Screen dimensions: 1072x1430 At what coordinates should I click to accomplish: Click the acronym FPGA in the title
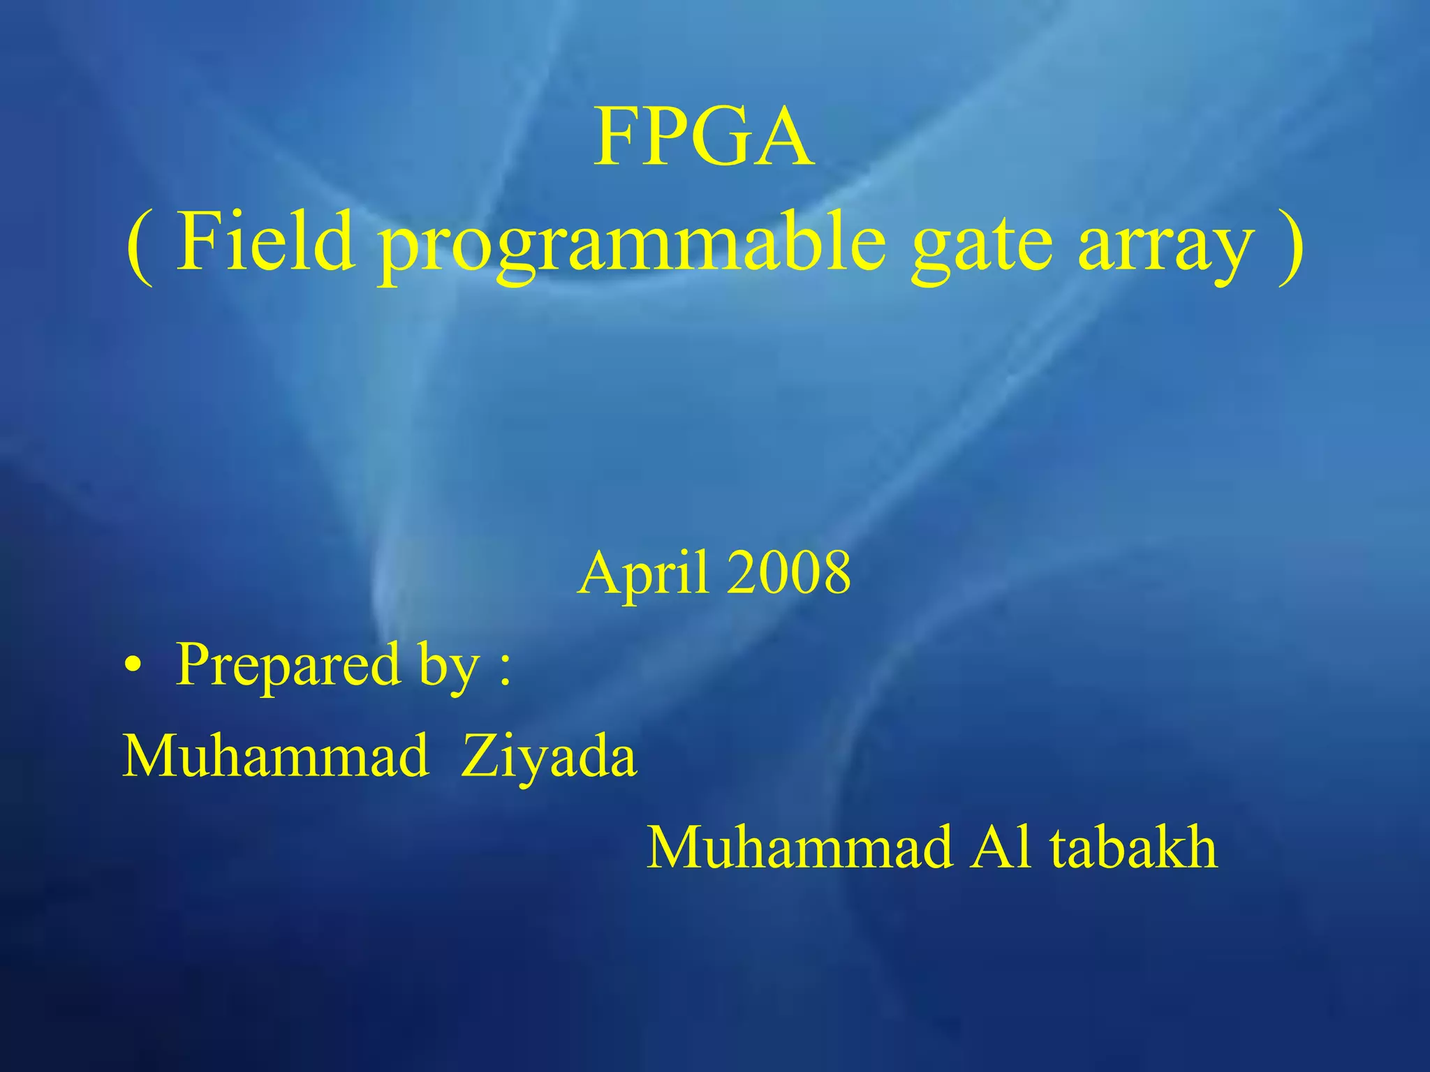click(704, 137)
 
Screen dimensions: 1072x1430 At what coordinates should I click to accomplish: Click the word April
click(647, 574)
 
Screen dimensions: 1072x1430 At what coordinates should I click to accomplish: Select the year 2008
click(788, 573)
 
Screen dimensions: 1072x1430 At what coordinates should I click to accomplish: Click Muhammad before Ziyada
click(275, 755)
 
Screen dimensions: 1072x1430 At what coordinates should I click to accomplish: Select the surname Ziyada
click(549, 757)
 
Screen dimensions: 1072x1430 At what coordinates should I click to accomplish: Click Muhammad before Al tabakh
click(799, 847)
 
